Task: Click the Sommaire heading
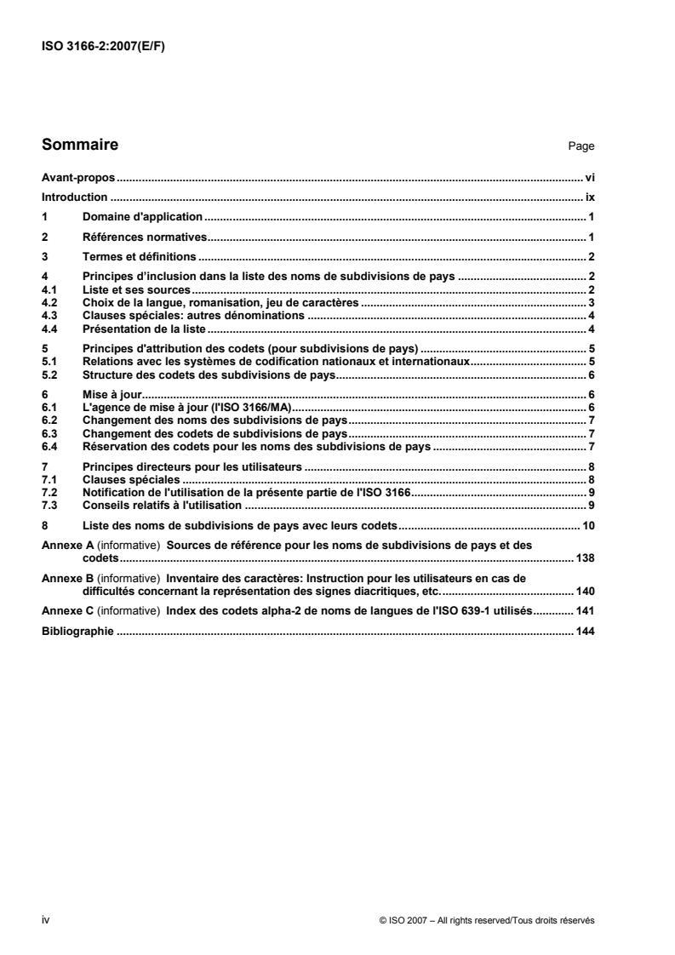coord(80,145)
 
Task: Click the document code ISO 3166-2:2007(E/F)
coord(103,47)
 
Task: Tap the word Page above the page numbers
coord(581,146)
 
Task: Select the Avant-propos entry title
coord(79,180)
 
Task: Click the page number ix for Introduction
coord(589,197)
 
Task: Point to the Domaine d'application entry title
coord(142,217)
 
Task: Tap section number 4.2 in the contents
coord(49,302)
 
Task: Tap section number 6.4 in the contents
coord(49,446)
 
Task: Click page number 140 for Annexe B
coord(585,591)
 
